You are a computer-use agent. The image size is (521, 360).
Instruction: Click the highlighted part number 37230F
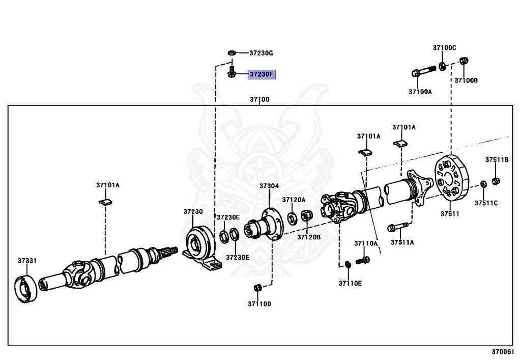click(261, 74)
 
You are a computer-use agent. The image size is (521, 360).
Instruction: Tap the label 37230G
click(261, 53)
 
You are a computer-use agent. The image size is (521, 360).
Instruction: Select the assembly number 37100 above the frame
click(259, 99)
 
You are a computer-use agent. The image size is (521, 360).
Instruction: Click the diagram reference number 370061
click(503, 352)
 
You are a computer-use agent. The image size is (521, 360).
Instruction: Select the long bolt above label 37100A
click(424, 71)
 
